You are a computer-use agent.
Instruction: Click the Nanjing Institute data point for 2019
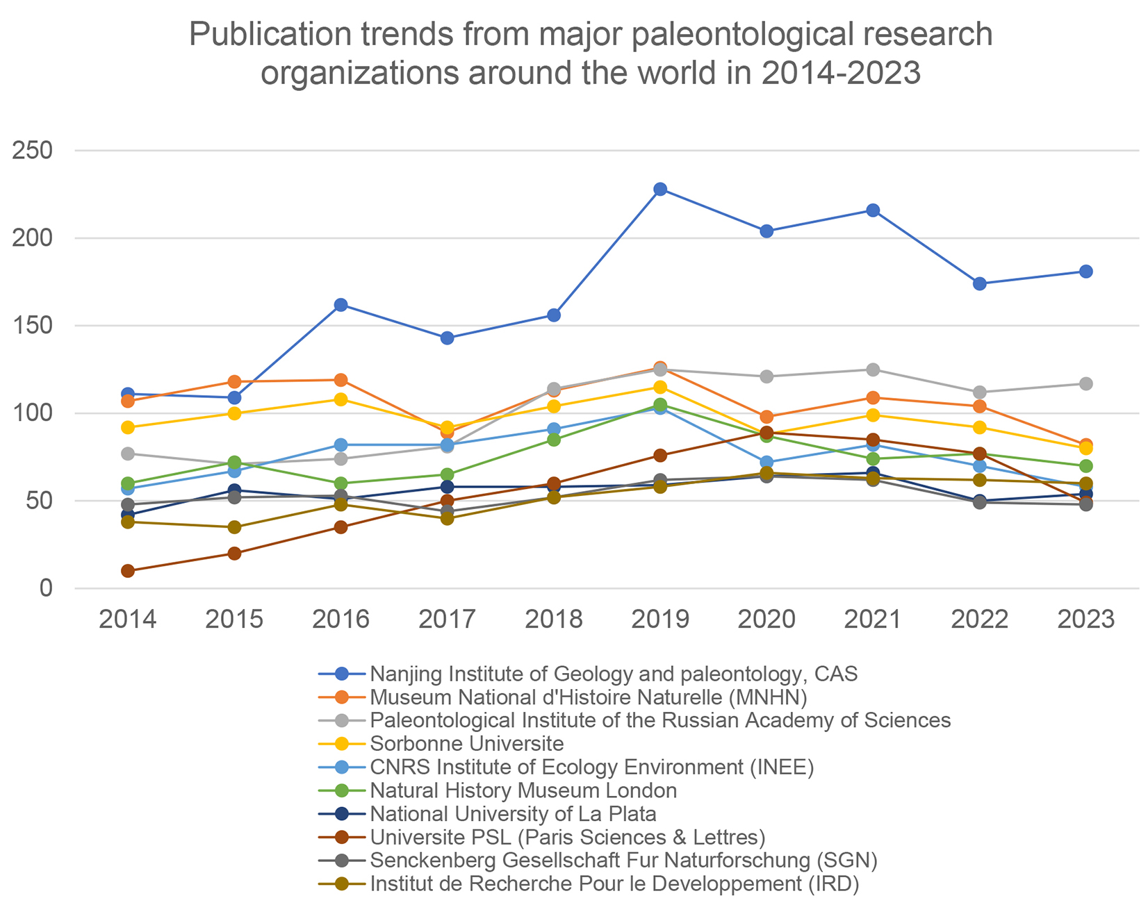click(660, 190)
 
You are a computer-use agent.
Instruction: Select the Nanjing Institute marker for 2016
click(341, 305)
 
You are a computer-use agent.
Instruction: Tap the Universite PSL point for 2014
click(128, 571)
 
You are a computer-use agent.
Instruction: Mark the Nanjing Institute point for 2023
click(1085, 272)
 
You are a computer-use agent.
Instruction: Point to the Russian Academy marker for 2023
click(1085, 384)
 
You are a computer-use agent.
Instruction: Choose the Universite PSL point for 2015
click(234, 554)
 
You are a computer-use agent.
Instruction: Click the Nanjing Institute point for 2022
click(979, 283)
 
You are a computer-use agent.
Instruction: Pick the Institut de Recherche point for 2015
click(234, 527)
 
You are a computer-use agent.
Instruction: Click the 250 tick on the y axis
click(33, 151)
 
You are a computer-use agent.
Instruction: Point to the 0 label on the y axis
click(46, 589)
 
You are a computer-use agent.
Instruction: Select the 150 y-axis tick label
click(33, 326)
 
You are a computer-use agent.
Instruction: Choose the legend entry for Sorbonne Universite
click(467, 744)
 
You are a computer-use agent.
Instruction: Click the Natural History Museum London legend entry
click(523, 790)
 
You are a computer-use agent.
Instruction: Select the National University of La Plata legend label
click(514, 813)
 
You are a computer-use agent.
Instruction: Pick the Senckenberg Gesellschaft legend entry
click(623, 861)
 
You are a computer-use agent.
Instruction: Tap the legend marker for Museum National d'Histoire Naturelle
click(341, 697)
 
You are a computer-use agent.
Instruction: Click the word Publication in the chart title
click(268, 35)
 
